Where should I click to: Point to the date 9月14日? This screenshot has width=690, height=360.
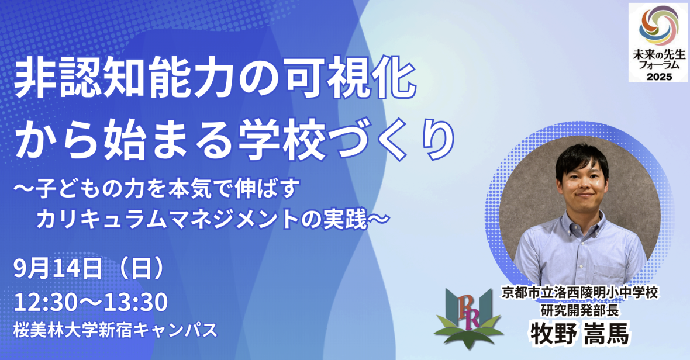[58, 269]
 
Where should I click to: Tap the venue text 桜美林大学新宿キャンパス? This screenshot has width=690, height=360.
[116, 330]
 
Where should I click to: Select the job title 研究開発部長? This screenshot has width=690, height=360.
[580, 310]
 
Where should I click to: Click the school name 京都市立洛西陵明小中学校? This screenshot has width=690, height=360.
[580, 293]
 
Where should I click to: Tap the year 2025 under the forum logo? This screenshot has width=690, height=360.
[659, 77]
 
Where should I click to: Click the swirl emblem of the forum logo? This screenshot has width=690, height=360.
[658, 26]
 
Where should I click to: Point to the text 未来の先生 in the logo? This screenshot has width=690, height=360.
[659, 56]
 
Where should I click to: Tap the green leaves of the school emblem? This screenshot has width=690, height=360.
[468, 332]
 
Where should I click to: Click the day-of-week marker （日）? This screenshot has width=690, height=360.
[142, 269]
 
